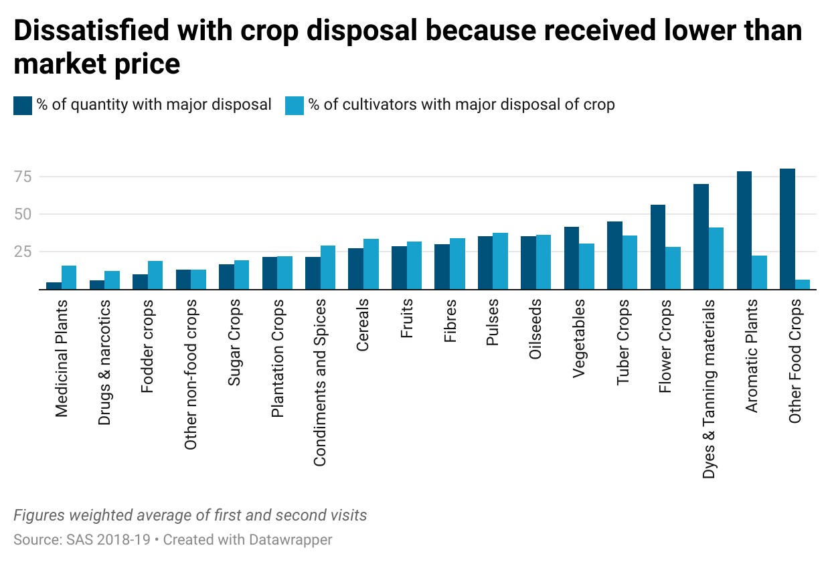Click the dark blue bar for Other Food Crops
coord(787,229)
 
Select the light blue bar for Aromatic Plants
coord(759,272)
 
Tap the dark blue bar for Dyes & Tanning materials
coord(701,237)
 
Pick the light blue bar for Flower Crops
coord(673,268)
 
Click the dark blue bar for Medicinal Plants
coord(54,286)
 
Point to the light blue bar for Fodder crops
coord(155,275)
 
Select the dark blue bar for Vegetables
coord(572,258)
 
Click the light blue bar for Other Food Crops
coord(802,284)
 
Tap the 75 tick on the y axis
coord(23,177)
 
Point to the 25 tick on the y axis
coord(23,252)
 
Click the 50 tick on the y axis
coord(23,214)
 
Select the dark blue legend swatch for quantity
coord(23,106)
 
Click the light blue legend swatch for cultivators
coord(295,106)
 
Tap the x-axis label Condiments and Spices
coord(319,382)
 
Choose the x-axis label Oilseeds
coord(535,329)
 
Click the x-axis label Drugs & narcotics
coord(104,362)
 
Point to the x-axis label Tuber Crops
coord(622,342)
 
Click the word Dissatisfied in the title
coord(92,30)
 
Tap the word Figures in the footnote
coord(39,515)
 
